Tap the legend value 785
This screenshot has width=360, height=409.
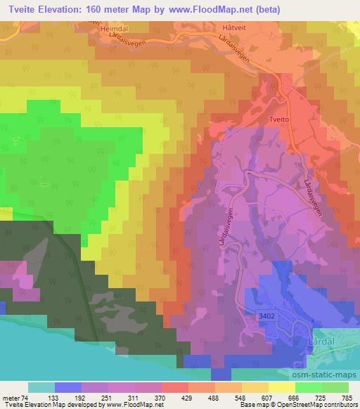click(347, 398)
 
